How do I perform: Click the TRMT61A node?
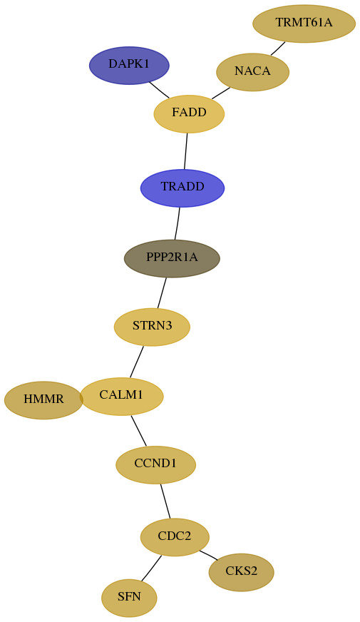pyautogui.click(x=304, y=24)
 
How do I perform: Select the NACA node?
pyautogui.click(x=252, y=72)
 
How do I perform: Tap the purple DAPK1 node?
pyautogui.click(x=129, y=66)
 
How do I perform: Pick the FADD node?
pyautogui.click(x=189, y=114)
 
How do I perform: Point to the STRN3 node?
pyautogui.click(x=153, y=327)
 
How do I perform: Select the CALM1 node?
pyautogui.click(x=121, y=397)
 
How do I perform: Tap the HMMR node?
pyautogui.click(x=43, y=400)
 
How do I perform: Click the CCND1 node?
pyautogui.click(x=156, y=464)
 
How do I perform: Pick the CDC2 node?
pyautogui.click(x=175, y=537)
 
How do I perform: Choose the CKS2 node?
pyautogui.click(x=242, y=572)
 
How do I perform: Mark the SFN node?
pyautogui.click(x=129, y=598)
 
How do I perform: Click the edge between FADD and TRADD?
pyautogui.click(x=185, y=151)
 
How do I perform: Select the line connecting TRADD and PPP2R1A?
pyautogui.click(x=178, y=223)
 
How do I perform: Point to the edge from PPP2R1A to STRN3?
pyautogui.click(x=162, y=292)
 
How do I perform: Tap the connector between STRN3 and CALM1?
pyautogui.click(x=137, y=362)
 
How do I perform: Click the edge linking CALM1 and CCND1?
pyautogui.click(x=139, y=430)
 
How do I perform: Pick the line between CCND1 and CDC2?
pyautogui.click(x=165, y=501)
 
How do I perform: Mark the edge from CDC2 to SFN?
pyautogui.click(x=151, y=569)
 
